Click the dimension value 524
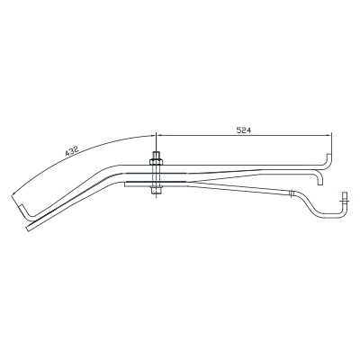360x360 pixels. (243, 130)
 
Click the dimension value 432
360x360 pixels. (72, 151)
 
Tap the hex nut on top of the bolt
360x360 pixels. (156, 162)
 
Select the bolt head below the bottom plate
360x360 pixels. (156, 190)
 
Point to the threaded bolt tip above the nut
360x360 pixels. (156, 156)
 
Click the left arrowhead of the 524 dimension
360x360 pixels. (160, 135)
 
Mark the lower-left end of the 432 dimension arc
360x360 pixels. (12, 195)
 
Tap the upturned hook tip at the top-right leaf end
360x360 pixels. (328, 155)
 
